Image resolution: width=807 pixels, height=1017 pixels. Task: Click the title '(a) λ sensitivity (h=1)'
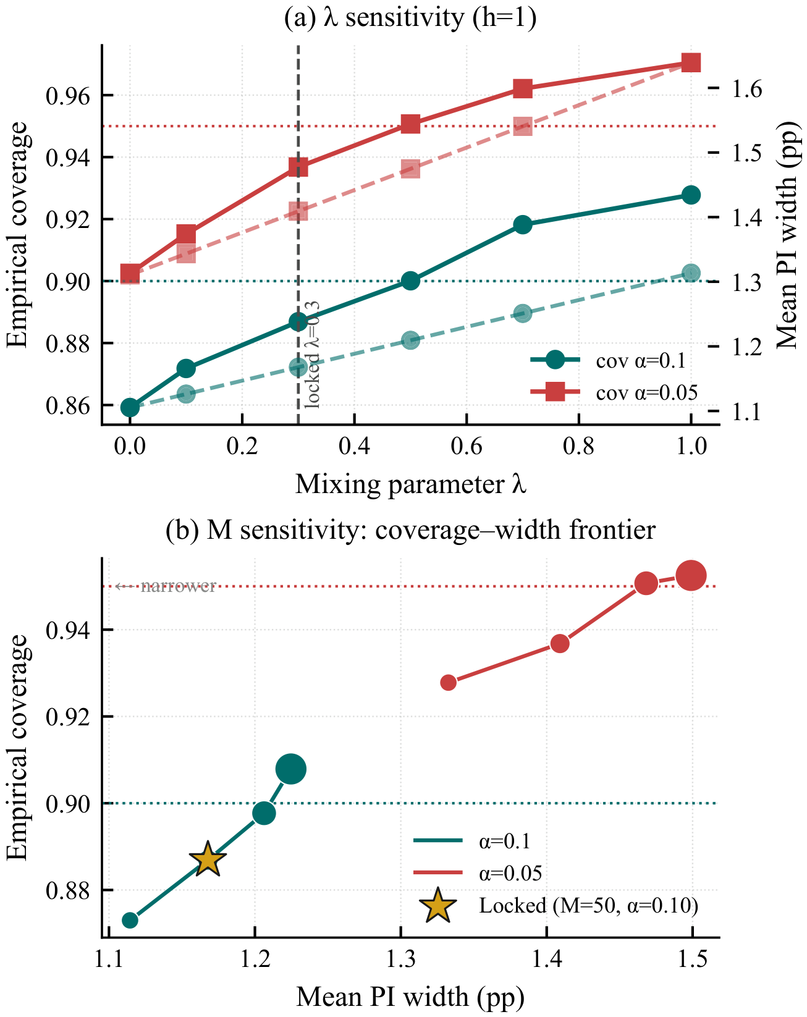pyautogui.click(x=410, y=19)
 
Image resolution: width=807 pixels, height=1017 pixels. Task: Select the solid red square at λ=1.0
pyautogui.click(x=691, y=62)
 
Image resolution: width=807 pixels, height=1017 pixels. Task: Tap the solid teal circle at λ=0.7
pyautogui.click(x=522, y=224)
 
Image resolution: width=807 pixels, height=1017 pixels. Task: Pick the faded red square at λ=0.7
pyautogui.click(x=522, y=127)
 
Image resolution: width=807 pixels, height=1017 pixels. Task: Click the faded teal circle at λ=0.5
pyautogui.click(x=410, y=340)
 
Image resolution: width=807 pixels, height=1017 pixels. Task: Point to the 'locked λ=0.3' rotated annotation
pyautogui.click(x=312, y=355)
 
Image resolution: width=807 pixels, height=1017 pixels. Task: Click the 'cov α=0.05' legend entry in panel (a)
pyautogui.click(x=614, y=392)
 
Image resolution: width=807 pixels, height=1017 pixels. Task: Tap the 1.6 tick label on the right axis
pyautogui.click(x=747, y=89)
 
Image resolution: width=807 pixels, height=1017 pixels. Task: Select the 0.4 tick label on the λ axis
pyautogui.click(x=354, y=446)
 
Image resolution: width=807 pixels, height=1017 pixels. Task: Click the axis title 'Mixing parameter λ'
pyautogui.click(x=410, y=484)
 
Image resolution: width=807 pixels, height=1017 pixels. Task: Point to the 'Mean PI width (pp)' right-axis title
pyautogui.click(x=789, y=235)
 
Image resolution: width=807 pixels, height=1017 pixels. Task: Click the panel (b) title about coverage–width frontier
pyautogui.click(x=410, y=530)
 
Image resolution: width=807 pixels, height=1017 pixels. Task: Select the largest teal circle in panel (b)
pyautogui.click(x=291, y=769)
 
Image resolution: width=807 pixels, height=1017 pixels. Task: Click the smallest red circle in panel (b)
pyautogui.click(x=448, y=682)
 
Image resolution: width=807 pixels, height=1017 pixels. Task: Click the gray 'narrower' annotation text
pyautogui.click(x=178, y=586)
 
